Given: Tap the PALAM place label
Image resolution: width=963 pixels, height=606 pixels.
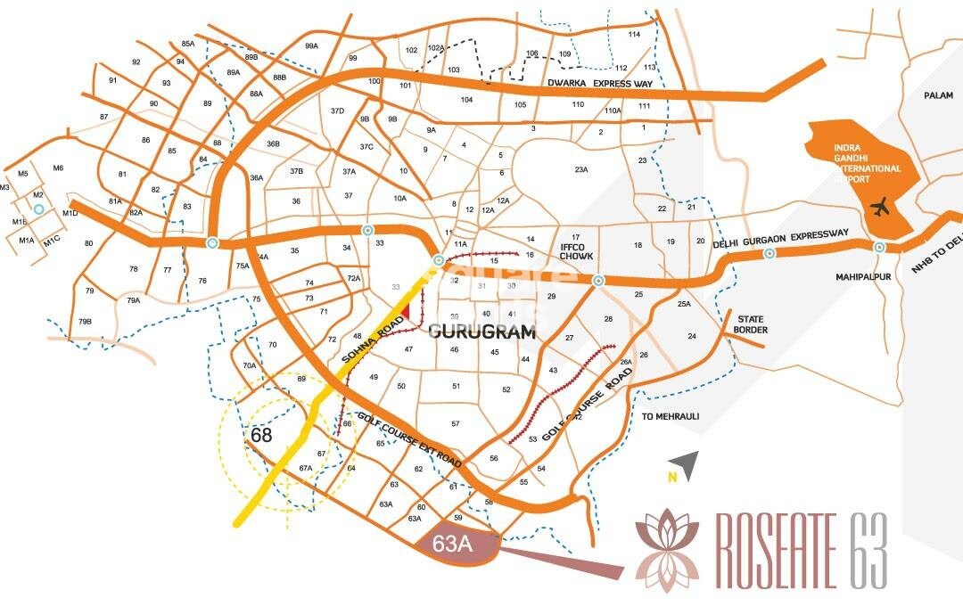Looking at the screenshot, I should click(x=938, y=95).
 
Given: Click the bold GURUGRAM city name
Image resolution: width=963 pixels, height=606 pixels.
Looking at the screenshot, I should click(x=482, y=332).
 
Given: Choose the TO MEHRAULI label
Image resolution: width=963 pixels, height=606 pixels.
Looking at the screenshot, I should click(x=671, y=416).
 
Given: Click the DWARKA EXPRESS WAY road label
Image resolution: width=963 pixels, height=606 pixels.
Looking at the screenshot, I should click(x=601, y=84).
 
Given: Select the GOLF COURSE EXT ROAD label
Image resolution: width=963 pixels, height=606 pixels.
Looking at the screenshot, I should click(x=409, y=440).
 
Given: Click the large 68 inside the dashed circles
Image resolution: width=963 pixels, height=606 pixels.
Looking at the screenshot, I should click(x=261, y=436).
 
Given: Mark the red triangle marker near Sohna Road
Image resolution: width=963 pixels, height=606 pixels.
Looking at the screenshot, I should click(x=406, y=310).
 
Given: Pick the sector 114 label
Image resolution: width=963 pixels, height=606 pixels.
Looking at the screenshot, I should click(x=634, y=34).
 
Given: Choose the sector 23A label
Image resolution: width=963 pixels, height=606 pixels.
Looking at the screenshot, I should click(x=581, y=169).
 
